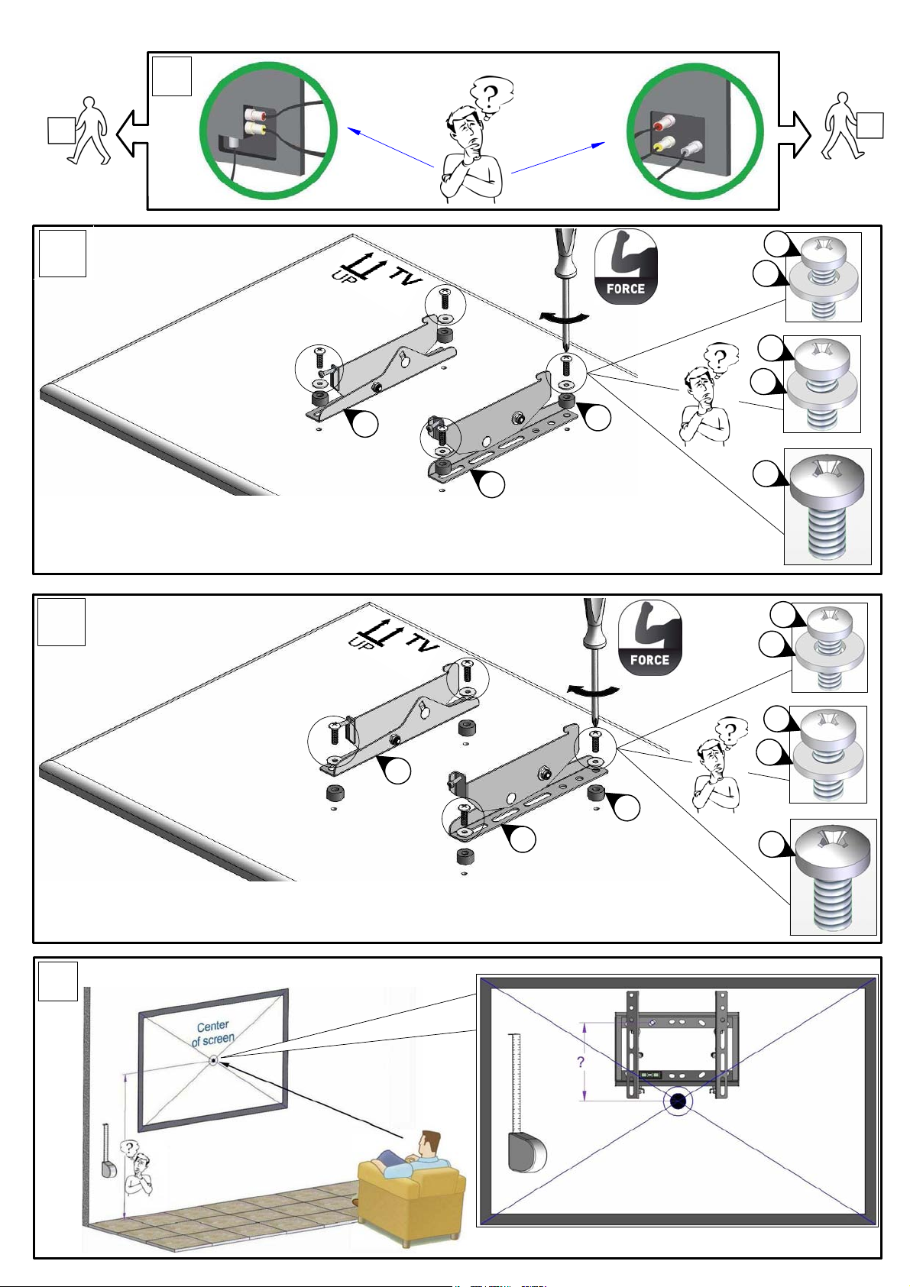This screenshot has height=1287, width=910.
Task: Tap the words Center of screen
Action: click(212, 1033)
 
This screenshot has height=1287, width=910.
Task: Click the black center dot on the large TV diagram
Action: click(678, 1101)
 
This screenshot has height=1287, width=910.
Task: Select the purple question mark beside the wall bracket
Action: click(581, 1062)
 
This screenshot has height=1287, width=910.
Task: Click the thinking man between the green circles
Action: click(474, 140)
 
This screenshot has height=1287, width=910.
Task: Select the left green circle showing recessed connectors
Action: click(268, 131)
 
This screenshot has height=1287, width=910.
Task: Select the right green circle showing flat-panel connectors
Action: click(695, 131)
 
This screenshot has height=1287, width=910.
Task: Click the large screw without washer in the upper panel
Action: click(827, 506)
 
